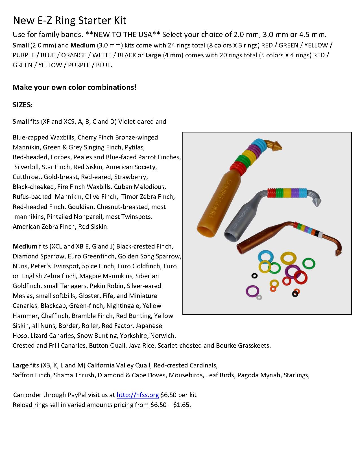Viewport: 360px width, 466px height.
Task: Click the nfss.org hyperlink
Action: (138, 395)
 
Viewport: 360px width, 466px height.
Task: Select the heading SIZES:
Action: (23, 105)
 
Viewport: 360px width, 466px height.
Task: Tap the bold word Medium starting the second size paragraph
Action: (25, 246)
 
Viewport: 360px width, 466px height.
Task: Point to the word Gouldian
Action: (80, 207)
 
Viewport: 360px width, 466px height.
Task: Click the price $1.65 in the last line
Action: (182, 405)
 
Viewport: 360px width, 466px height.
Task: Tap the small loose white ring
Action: (259, 297)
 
